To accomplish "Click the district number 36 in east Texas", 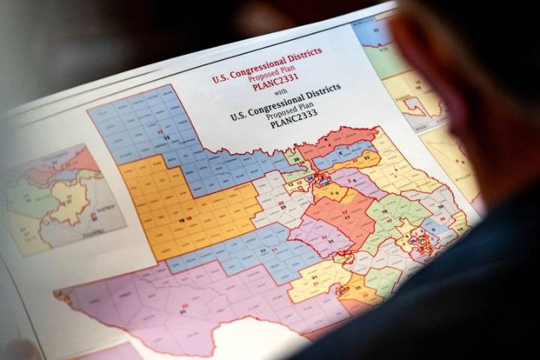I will point(442,209).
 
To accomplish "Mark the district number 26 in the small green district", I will point(297,160).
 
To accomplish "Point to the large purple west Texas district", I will point(165,301).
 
